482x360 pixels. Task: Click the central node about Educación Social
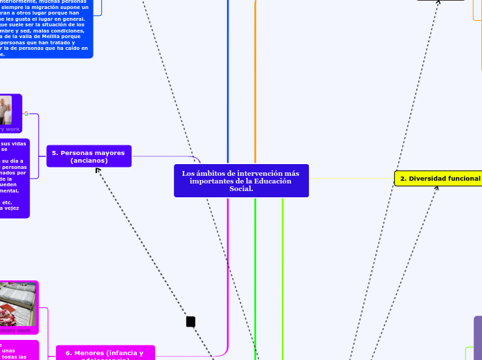point(240,181)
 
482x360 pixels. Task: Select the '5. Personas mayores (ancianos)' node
point(89,156)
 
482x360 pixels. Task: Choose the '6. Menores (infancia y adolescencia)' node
point(105,353)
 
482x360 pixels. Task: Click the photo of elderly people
point(6,110)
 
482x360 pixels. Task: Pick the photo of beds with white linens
point(18,303)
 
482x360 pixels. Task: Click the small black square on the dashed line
point(190,321)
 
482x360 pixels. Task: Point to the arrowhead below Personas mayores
point(99,171)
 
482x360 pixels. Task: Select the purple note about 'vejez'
point(14,178)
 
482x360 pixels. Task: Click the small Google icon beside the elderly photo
point(26,113)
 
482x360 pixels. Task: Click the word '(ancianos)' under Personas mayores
point(89,161)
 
